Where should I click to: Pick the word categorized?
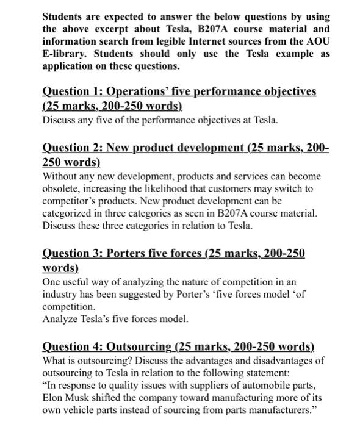[70, 213]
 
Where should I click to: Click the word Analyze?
[60, 318]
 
